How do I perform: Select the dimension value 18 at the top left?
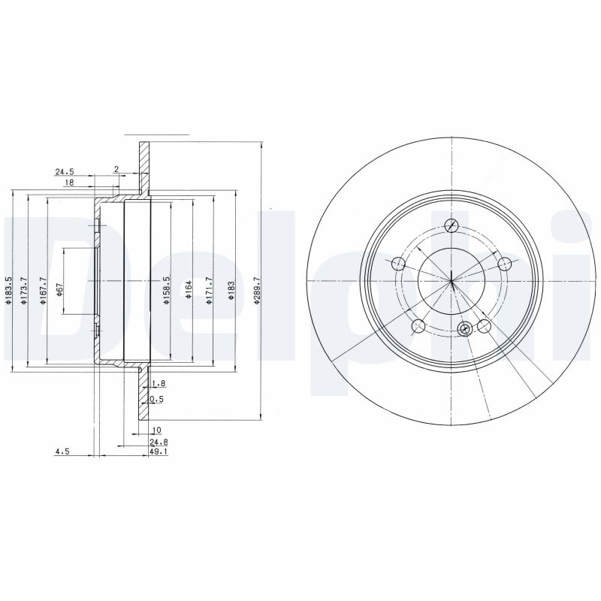point(68,183)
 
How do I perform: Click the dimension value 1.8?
point(158,383)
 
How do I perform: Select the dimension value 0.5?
point(157,399)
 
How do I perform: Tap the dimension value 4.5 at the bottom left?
point(62,452)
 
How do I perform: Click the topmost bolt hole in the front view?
point(452,225)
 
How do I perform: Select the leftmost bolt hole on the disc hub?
point(398,263)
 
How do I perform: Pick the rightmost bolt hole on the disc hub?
point(505,263)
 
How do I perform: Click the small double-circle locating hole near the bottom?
point(464,328)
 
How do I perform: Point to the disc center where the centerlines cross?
point(452,281)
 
